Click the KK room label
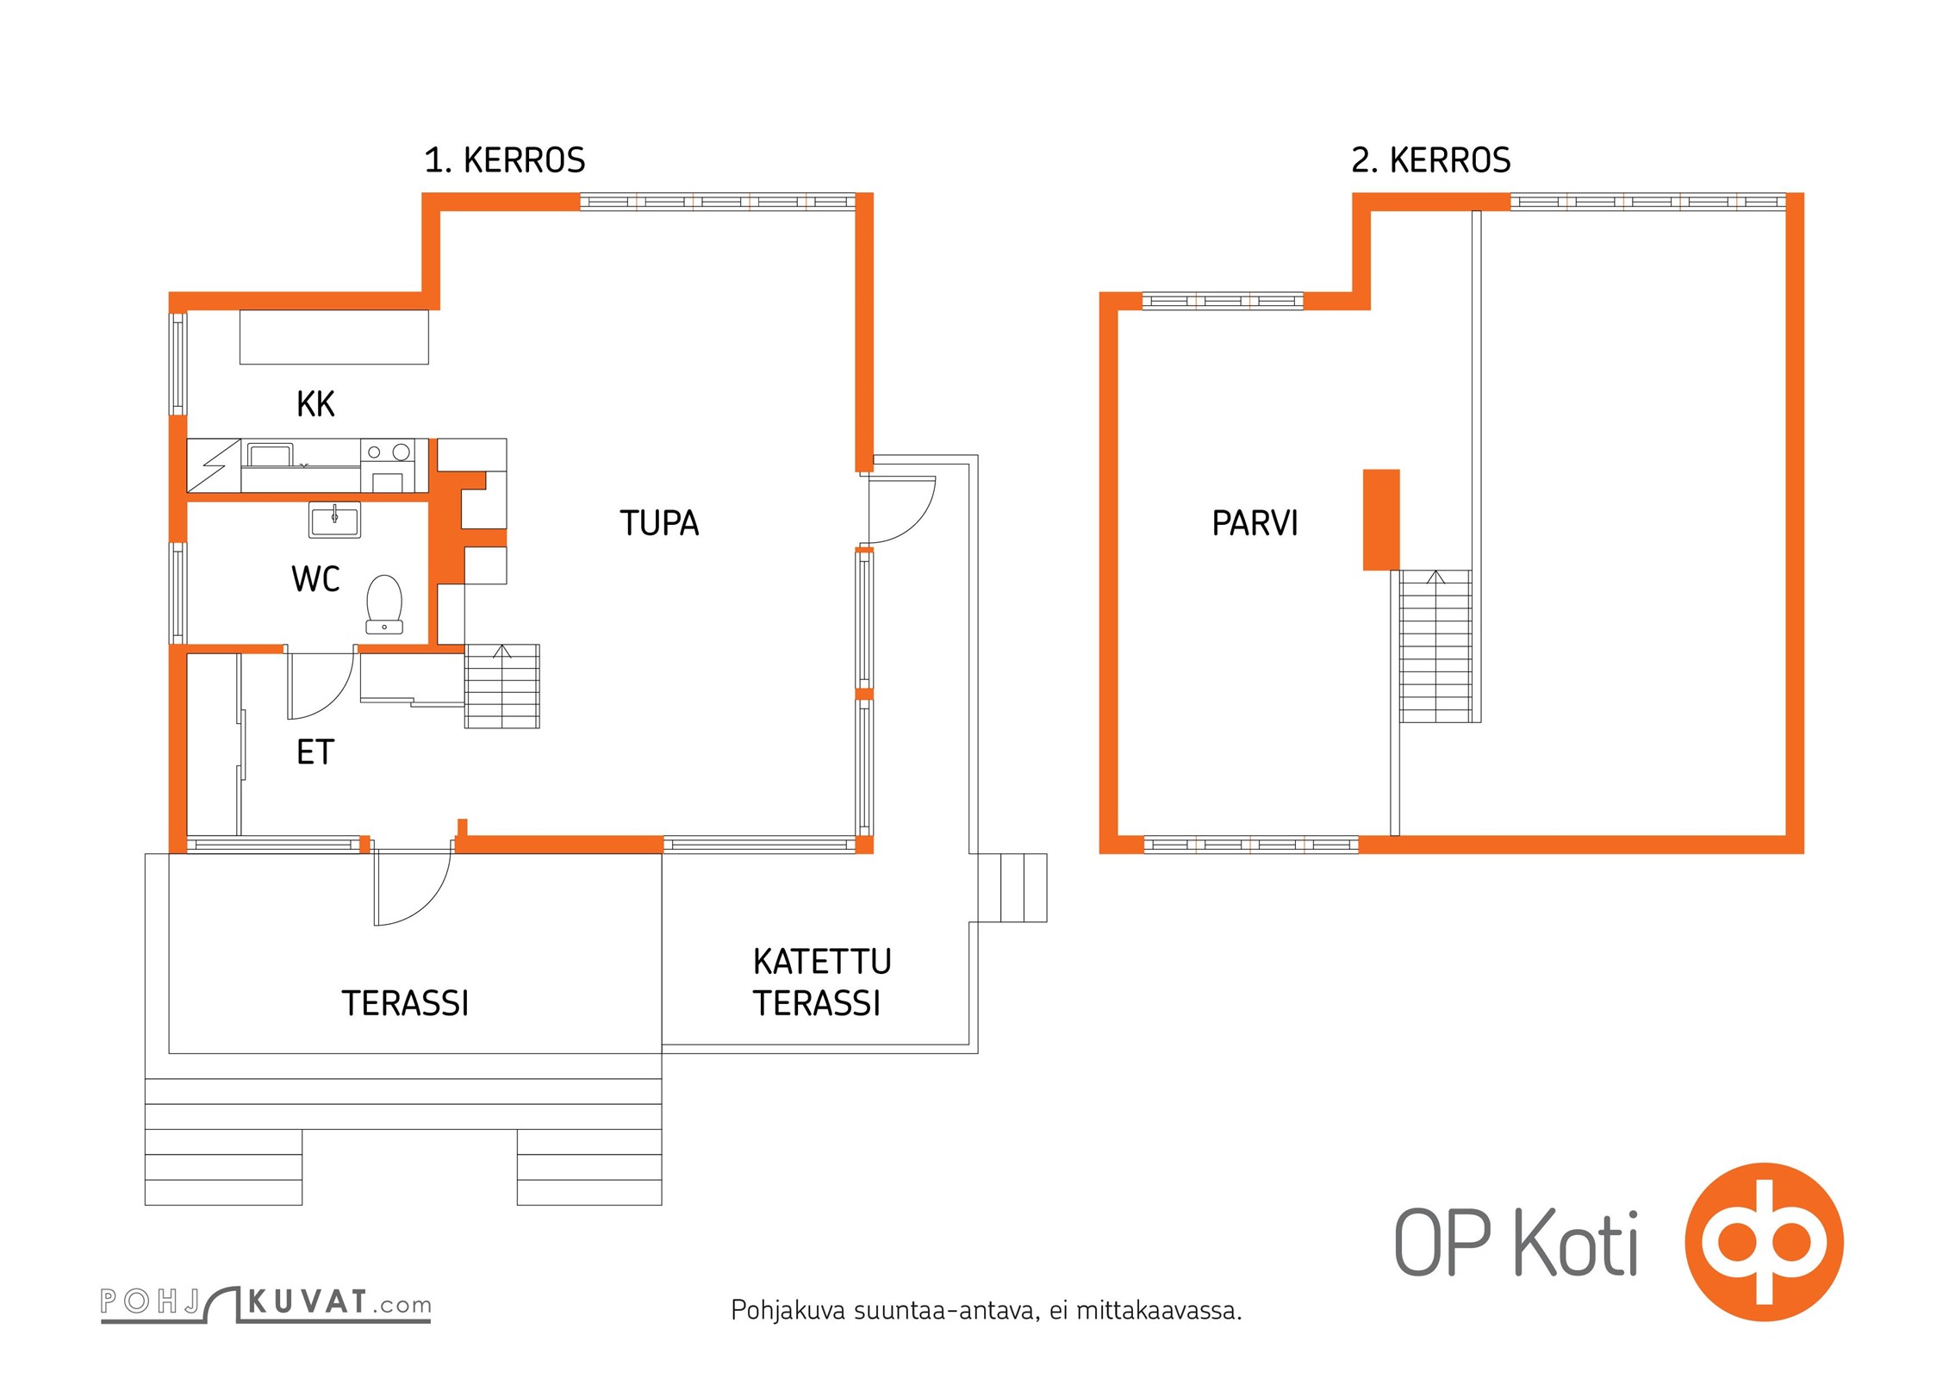[315, 403]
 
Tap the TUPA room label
[659, 523]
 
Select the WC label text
[315, 579]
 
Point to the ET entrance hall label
[314, 752]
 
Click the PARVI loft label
[1255, 523]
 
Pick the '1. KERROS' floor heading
[505, 160]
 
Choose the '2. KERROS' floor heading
[1431, 160]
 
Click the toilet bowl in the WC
[384, 604]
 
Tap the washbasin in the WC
[334, 519]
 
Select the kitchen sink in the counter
[271, 454]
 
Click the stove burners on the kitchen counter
[388, 452]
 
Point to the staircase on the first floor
[502, 686]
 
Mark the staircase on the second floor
[1435, 646]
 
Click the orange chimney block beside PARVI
[1381, 520]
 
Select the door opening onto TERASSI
[413, 888]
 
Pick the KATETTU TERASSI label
[822, 983]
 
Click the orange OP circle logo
[1764, 1242]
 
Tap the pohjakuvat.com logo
[266, 1304]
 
